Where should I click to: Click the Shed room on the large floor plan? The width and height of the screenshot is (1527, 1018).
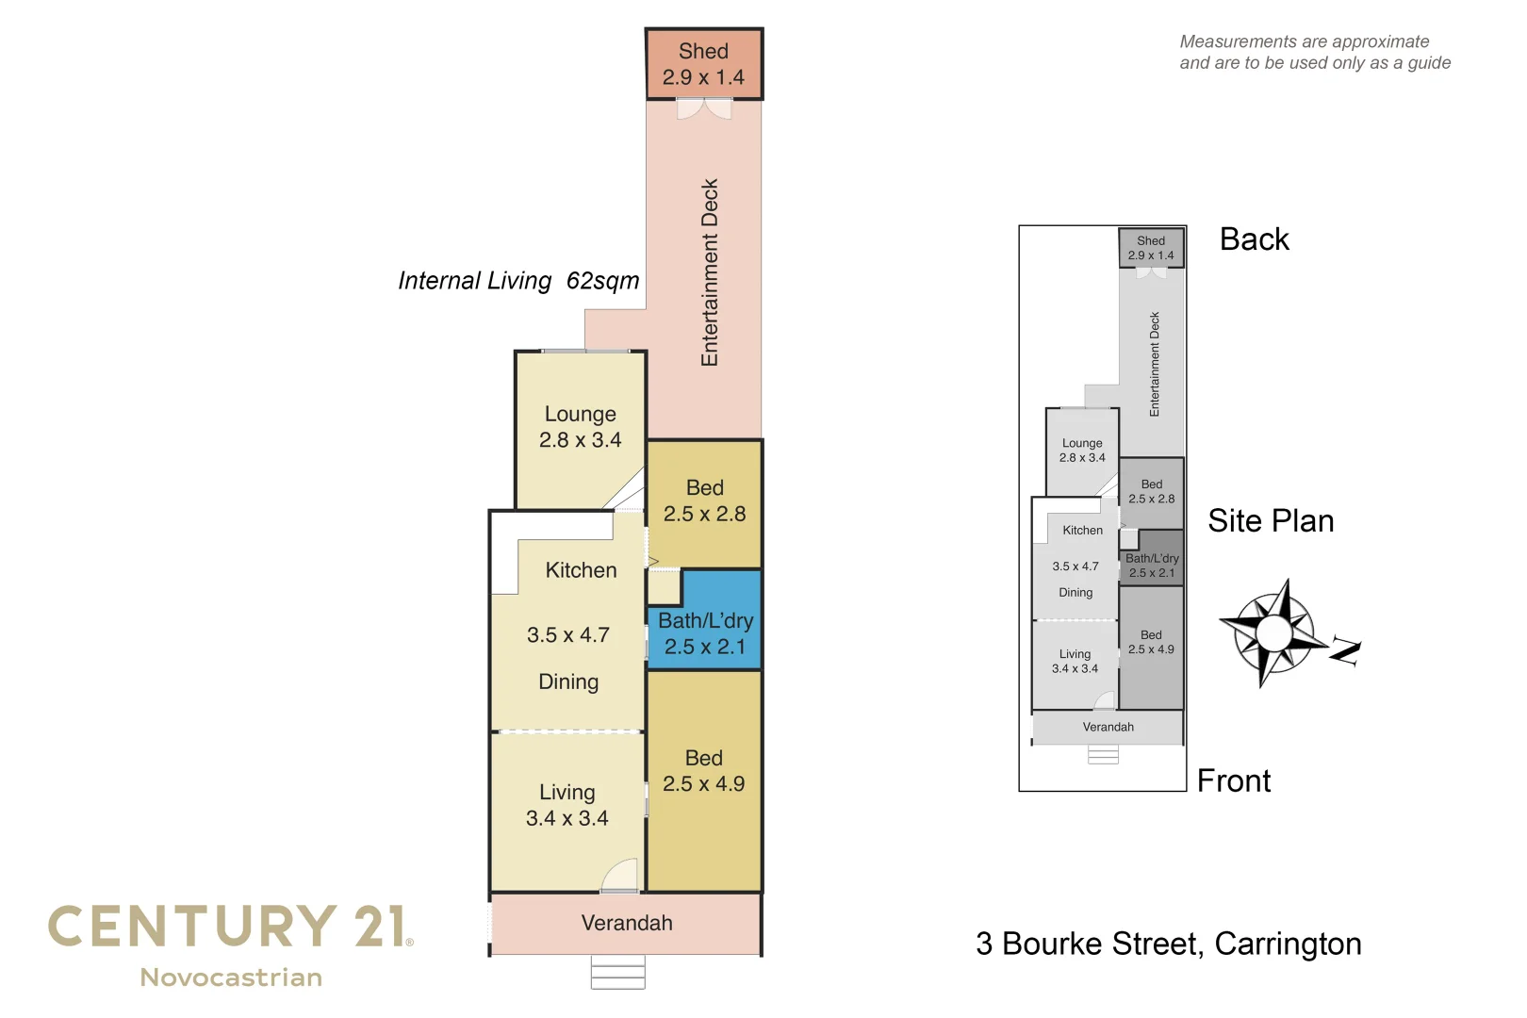pos(703,64)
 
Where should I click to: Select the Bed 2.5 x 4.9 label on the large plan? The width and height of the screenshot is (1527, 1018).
pos(703,771)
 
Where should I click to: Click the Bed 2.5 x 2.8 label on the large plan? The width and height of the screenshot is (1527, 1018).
pos(704,501)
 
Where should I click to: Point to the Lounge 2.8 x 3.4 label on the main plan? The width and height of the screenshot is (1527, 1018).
pos(580,427)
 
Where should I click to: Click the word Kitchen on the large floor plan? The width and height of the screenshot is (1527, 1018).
pos(581,570)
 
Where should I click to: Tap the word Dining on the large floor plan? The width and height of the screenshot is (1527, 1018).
pos(568,681)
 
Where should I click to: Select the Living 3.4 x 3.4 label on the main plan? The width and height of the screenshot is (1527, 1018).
pos(566,805)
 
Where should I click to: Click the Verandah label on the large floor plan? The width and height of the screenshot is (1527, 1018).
pos(627,923)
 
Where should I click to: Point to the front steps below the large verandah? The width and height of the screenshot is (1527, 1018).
pos(617,972)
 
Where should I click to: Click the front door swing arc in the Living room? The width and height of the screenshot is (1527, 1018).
pos(620,876)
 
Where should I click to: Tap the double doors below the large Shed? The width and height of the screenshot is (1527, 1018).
pos(703,110)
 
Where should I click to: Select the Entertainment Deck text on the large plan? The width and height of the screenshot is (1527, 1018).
pos(710,272)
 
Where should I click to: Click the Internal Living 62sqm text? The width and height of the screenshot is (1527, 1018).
pos(518,281)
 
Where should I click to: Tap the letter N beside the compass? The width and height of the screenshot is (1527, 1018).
pos(1346,651)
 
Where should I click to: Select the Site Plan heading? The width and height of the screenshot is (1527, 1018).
pos(1271,521)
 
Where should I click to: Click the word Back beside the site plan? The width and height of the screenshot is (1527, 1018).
pos(1254,239)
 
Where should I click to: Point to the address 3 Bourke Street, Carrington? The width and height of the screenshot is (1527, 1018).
pos(1168,944)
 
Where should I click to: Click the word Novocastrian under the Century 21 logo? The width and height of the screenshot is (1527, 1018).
pos(231,977)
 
